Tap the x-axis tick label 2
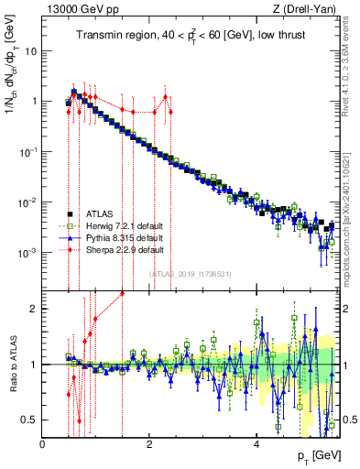click(x=149, y=443)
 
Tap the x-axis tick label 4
click(x=256, y=443)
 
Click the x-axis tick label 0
click(x=42, y=443)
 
